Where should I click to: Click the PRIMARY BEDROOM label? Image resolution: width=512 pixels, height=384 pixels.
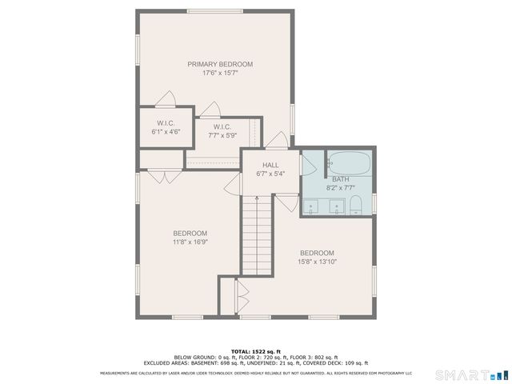pos(220,64)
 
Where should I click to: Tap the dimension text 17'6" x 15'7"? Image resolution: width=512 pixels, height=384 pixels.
pos(220,73)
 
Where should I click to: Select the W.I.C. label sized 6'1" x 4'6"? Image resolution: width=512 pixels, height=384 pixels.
pos(166,123)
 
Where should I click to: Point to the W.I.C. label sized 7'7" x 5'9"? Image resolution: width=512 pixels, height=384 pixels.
pos(222,127)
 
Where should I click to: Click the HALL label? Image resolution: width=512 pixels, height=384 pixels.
pos(270,165)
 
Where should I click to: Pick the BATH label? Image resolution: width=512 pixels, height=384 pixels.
pos(341,179)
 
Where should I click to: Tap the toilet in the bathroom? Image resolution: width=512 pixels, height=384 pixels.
pos(356,206)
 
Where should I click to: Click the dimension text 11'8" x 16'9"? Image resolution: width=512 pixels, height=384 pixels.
pos(190,242)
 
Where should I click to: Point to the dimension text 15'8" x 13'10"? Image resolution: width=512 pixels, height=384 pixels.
pos(318,261)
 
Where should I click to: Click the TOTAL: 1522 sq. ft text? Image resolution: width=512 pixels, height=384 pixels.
pos(255,351)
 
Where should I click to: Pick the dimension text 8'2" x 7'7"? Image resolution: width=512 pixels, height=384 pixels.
pos(341,188)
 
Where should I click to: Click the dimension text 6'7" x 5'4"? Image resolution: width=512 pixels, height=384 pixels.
pos(270,174)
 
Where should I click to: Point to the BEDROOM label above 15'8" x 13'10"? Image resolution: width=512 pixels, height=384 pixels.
pos(318,252)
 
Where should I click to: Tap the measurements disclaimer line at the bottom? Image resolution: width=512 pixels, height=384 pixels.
pos(255,373)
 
